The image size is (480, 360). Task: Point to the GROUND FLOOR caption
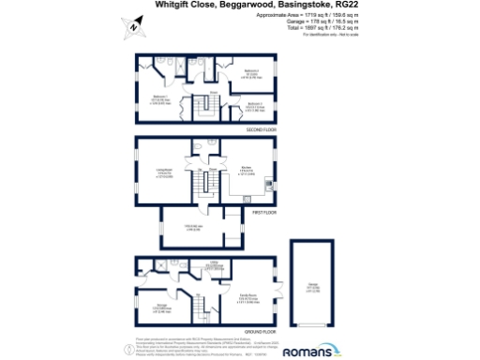click(x=261, y=331)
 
